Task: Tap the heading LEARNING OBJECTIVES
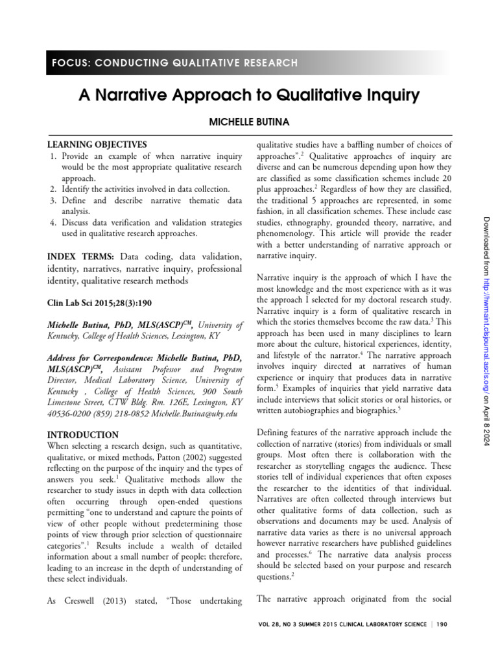(97, 145)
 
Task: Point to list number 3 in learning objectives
(53, 200)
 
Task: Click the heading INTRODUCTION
(83, 435)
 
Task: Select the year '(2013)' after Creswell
(109, 601)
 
